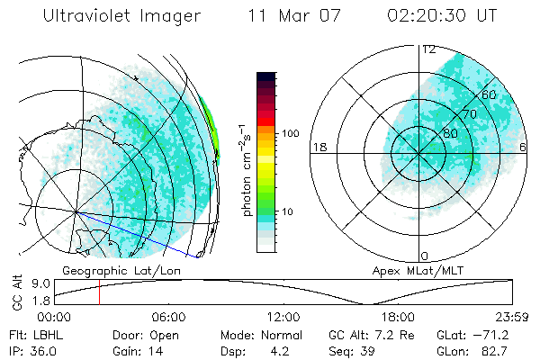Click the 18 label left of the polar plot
tap(318, 147)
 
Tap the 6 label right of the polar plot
tap(524, 147)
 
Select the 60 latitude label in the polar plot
tap(489, 94)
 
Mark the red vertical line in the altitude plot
tap(99, 292)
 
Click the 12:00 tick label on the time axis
tap(283, 317)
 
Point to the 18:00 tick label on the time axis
tap(398, 317)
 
